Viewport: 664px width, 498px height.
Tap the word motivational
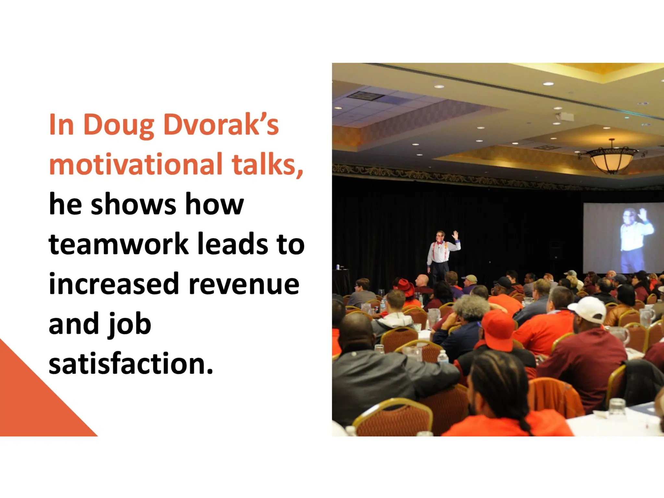(x=136, y=164)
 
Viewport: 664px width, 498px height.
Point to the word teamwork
(x=118, y=244)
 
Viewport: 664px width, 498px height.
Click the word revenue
(x=244, y=284)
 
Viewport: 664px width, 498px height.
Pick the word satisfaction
(x=131, y=363)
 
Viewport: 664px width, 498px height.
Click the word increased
(x=114, y=284)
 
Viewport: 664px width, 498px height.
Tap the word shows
(x=133, y=204)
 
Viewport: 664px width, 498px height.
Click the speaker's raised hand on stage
(x=456, y=235)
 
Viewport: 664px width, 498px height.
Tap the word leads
(x=233, y=244)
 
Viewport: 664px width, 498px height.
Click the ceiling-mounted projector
(x=566, y=116)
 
